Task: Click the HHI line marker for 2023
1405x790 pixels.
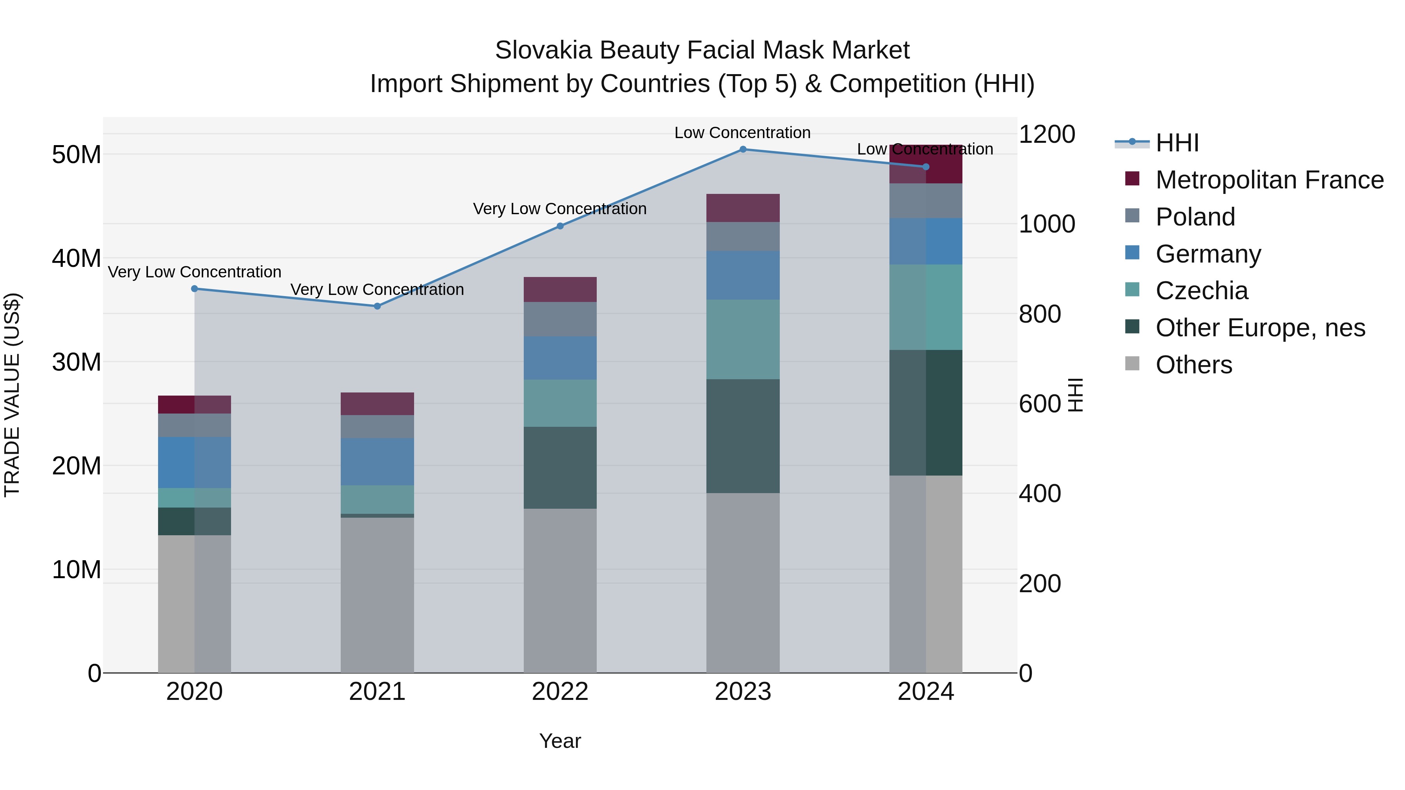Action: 743,149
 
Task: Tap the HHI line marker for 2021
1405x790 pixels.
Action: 377,306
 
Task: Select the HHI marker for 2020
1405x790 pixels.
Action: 194,289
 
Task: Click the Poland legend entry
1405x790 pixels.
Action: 1195,217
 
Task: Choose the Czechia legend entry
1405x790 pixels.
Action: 1201,291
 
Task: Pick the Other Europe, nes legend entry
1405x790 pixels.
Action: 1260,328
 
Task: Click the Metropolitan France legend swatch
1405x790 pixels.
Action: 1132,179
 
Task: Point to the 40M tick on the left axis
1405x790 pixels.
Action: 76,258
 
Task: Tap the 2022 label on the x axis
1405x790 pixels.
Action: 560,692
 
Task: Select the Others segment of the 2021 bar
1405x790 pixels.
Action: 377,594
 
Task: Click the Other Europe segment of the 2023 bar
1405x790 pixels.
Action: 743,436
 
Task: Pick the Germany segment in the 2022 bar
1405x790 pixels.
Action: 560,358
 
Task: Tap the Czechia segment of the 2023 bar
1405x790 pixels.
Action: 743,339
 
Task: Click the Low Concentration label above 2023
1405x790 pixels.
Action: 742,133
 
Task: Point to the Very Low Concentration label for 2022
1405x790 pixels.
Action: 560,209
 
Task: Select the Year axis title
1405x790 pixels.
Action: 560,741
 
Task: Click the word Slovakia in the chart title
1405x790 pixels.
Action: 543,50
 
